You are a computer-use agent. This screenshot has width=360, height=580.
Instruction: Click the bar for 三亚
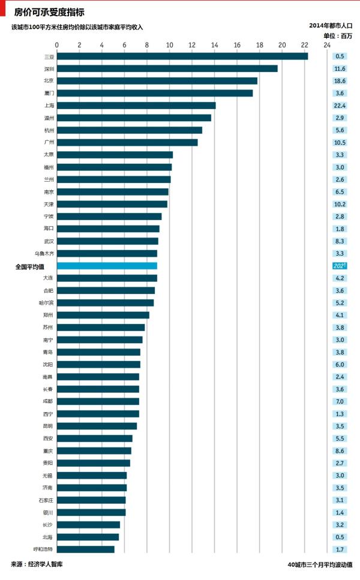point(182,56)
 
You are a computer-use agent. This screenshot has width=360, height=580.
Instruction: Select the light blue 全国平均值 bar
point(107,266)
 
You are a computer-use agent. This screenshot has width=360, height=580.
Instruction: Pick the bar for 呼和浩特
point(85,549)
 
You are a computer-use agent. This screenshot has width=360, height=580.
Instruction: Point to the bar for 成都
point(98,401)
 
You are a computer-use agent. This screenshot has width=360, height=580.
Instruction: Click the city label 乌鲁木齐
point(44,253)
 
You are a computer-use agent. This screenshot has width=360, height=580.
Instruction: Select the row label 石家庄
point(46,500)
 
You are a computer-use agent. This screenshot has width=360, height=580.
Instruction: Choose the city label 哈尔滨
point(46,303)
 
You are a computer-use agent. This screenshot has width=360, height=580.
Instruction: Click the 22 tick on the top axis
point(304,44)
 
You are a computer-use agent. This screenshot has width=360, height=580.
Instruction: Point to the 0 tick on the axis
point(57,44)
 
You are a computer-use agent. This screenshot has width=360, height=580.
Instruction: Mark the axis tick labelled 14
point(214,44)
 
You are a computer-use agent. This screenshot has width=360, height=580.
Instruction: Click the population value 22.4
point(340,106)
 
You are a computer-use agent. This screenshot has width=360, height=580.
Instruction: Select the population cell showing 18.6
point(340,81)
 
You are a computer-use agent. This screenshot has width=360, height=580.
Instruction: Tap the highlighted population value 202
point(340,266)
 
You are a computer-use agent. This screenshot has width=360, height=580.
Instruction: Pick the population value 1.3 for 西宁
point(340,414)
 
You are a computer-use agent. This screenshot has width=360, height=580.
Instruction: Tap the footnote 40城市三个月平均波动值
point(320,564)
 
